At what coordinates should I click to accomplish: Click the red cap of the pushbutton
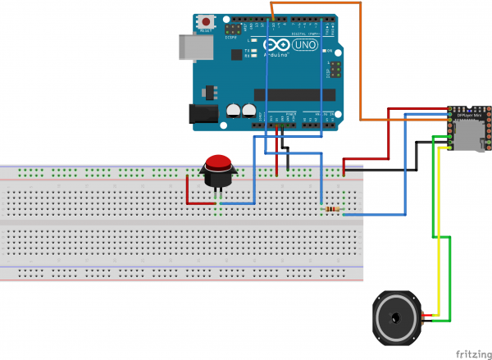pos(218,161)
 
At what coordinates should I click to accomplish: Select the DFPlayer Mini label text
pos(470,116)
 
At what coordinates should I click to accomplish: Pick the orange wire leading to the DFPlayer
pos(361,74)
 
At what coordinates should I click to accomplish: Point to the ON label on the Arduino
pos(330,52)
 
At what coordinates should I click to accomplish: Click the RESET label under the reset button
pos(217,30)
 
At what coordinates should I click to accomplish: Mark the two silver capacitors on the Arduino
pos(242,110)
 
